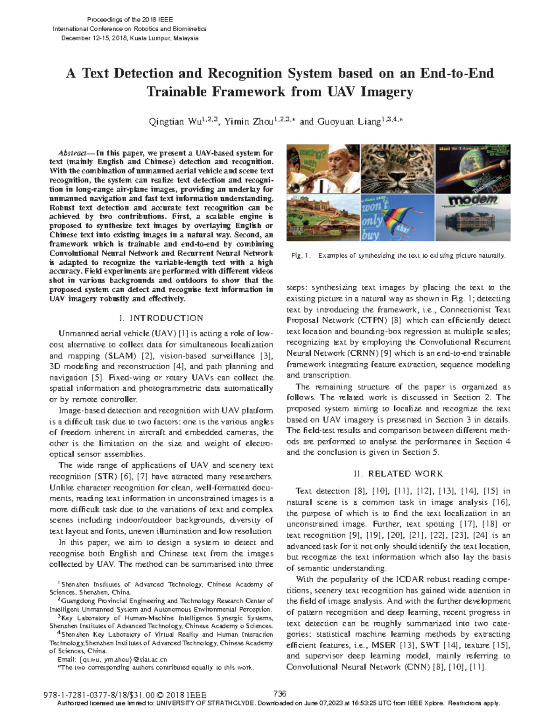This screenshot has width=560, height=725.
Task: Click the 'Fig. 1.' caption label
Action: click(x=300, y=255)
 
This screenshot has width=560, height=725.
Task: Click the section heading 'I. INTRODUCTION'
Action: click(x=161, y=318)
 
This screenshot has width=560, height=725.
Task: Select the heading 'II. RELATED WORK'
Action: click(x=398, y=474)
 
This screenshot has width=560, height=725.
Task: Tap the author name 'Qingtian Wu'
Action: click(x=172, y=122)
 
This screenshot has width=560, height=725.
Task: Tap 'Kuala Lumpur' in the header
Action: click(x=151, y=38)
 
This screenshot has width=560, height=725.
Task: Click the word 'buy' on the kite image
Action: click(x=370, y=235)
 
